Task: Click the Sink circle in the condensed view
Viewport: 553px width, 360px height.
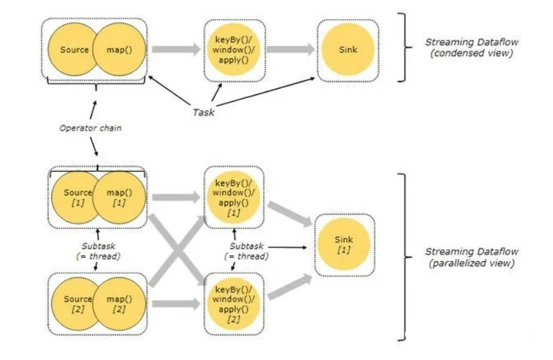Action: click(347, 50)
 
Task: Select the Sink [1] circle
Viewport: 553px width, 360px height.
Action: click(343, 245)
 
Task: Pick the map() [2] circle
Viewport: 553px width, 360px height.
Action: click(119, 304)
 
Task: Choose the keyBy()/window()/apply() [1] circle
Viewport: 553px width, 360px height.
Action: click(234, 198)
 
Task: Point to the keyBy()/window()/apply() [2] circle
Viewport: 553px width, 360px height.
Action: click(234, 304)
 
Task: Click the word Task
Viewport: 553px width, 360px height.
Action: click(204, 113)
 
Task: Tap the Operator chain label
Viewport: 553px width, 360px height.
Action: click(90, 128)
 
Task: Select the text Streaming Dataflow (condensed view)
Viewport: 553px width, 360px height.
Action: click(471, 48)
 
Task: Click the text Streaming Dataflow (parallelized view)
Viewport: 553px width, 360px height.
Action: click(471, 257)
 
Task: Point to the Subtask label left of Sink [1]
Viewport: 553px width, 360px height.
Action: click(247, 251)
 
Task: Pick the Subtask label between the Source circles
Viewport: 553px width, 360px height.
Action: click(98, 251)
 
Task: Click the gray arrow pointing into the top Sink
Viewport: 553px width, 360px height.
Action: click(290, 49)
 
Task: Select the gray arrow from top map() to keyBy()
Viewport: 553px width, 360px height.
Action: click(176, 49)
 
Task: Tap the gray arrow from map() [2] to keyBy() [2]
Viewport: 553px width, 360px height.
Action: click(176, 304)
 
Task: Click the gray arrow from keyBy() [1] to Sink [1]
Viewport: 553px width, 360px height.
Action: click(290, 213)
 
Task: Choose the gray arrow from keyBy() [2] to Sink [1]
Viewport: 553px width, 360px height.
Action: click(290, 287)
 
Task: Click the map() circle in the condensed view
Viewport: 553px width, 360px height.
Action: click(119, 50)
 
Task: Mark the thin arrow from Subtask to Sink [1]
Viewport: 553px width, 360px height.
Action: click(288, 247)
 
